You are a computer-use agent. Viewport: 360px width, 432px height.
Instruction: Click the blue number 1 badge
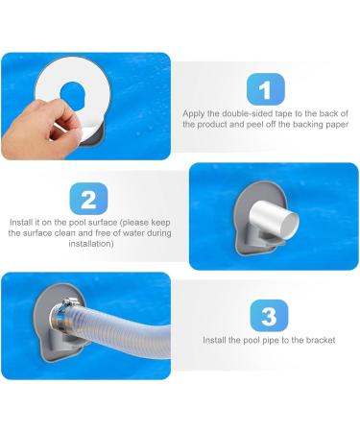click(x=266, y=89)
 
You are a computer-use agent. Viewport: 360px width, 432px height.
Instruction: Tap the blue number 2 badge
click(x=88, y=199)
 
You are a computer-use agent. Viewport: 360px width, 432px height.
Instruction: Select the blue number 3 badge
click(x=269, y=316)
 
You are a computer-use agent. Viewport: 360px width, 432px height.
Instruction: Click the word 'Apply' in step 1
click(x=193, y=114)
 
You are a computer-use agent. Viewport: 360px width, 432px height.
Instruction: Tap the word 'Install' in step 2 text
click(x=20, y=223)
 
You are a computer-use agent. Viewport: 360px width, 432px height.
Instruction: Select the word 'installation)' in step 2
click(x=91, y=244)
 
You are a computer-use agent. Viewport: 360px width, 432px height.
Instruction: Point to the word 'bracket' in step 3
click(x=321, y=340)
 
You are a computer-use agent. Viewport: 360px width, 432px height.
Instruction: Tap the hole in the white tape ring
click(x=72, y=95)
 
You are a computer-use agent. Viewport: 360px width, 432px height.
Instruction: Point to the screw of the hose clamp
click(x=66, y=301)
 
